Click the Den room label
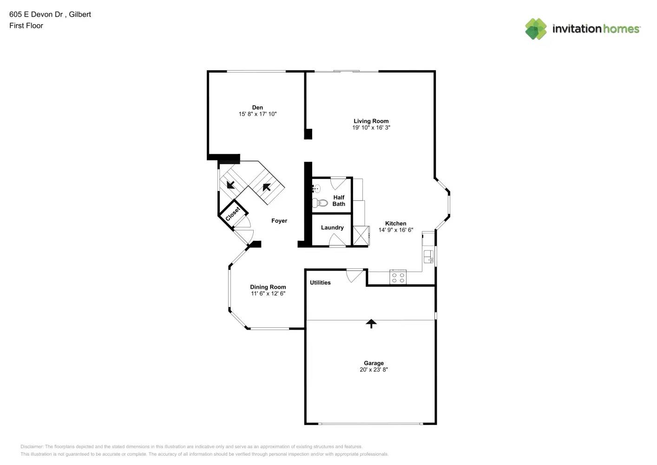click(257, 107)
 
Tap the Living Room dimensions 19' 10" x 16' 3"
click(371, 127)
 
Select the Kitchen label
click(395, 223)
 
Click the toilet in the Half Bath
click(320, 203)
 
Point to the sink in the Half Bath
click(316, 188)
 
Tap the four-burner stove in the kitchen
click(398, 278)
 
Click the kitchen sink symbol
click(428, 256)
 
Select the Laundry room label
click(332, 227)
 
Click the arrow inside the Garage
click(371, 324)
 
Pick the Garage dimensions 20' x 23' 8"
click(374, 370)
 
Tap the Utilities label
click(320, 282)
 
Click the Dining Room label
click(268, 287)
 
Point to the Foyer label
click(279, 221)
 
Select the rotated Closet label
click(233, 214)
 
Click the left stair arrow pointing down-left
click(230, 185)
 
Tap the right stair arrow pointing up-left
click(267, 187)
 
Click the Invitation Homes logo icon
click(536, 29)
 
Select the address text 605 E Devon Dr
click(36, 14)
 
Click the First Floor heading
click(26, 26)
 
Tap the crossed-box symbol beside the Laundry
click(361, 236)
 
